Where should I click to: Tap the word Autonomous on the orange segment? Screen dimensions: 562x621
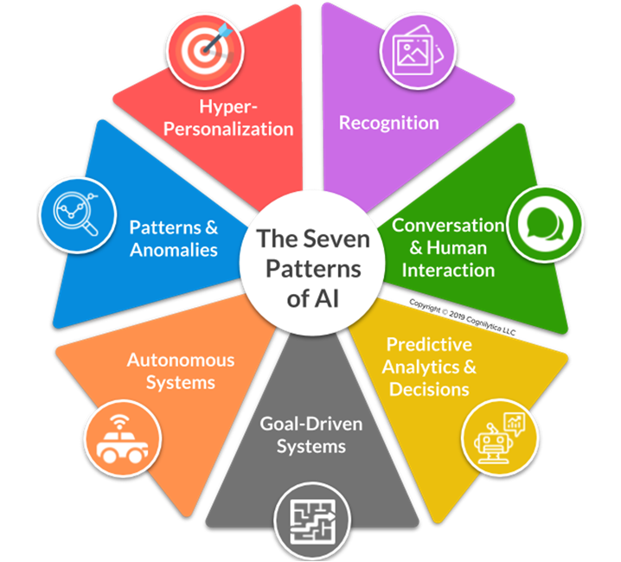click(181, 360)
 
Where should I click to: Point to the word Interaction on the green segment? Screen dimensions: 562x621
click(452, 270)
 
